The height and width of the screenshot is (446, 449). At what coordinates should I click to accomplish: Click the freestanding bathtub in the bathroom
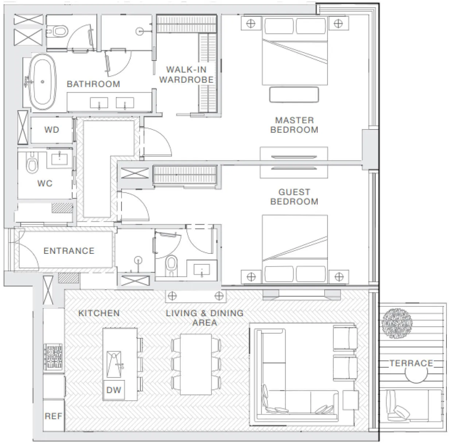(42, 82)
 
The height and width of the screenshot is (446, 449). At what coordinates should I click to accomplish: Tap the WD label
(52, 130)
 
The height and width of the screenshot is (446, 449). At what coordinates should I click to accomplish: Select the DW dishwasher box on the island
(114, 390)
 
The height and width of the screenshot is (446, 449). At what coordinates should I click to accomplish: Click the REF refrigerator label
(53, 416)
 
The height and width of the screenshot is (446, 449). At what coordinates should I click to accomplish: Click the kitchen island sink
(114, 364)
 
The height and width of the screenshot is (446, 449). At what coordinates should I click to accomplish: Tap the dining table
(196, 364)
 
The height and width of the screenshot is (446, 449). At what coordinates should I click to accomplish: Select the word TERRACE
(411, 363)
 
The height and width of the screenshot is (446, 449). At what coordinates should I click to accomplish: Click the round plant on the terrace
(397, 323)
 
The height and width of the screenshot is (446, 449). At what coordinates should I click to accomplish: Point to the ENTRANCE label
(69, 251)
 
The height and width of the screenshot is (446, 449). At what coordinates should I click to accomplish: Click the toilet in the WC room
(32, 162)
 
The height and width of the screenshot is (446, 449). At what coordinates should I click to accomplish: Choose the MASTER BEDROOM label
(294, 125)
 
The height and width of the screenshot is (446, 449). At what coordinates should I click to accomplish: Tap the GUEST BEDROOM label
(294, 197)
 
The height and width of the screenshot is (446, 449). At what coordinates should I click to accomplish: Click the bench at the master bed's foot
(294, 94)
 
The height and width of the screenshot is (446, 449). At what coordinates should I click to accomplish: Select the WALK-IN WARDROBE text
(186, 74)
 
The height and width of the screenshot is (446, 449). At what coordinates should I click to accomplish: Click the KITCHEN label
(99, 313)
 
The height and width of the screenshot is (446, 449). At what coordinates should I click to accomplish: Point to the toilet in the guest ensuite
(171, 265)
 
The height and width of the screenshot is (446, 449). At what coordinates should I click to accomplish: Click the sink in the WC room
(59, 159)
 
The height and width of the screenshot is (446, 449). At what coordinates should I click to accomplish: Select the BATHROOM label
(93, 84)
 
